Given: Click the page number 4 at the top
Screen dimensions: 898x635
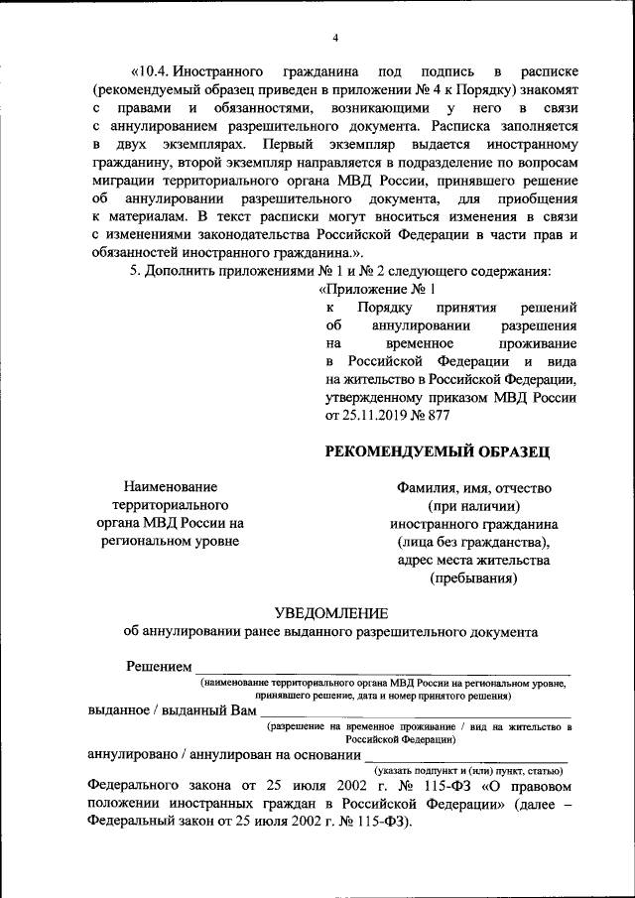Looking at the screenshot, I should point(335,38).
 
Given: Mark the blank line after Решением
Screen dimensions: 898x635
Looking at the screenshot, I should point(382,671).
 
